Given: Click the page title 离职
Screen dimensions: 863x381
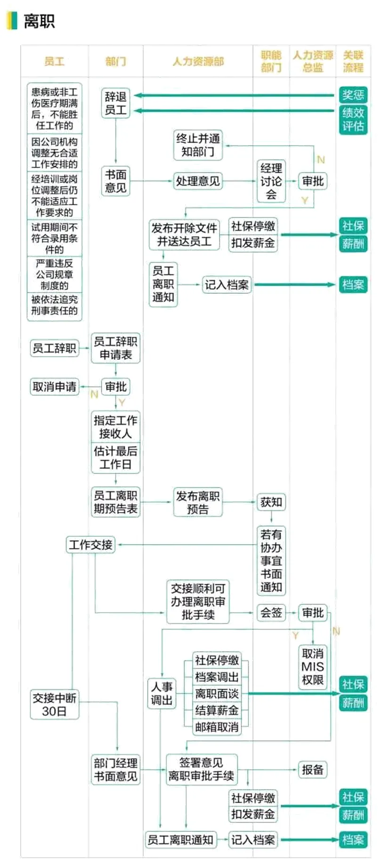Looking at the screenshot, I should pyautogui.click(x=40, y=21).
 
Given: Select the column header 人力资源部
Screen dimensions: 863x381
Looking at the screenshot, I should pyautogui.click(x=198, y=61).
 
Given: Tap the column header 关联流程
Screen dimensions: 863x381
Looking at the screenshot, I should pyautogui.click(x=353, y=61).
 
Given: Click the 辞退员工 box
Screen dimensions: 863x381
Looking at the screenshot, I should pyautogui.click(x=115, y=103).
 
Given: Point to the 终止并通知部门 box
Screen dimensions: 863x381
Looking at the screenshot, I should pyautogui.click(x=198, y=145).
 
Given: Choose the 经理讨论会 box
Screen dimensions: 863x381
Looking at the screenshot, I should pyautogui.click(x=271, y=181).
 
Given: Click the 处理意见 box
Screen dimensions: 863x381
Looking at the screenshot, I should pyautogui.click(x=198, y=181).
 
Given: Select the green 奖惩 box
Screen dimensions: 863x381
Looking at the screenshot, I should pyautogui.click(x=353, y=95).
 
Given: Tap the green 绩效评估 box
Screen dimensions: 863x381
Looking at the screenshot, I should pyautogui.click(x=353, y=119).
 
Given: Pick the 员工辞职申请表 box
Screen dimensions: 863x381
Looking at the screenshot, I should pyautogui.click(x=115, y=348).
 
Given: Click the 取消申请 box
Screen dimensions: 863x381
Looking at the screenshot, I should pyautogui.click(x=54, y=387).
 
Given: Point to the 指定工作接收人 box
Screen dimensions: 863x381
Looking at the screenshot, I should pyautogui.click(x=115, y=427).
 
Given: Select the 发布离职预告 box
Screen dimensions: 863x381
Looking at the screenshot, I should pyautogui.click(x=198, y=502).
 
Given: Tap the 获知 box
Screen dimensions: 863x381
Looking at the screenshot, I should pyautogui.click(x=271, y=502).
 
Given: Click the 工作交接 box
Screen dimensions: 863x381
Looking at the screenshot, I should pyautogui.click(x=90, y=545).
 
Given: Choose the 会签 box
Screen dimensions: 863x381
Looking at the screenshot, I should pyautogui.click(x=271, y=613).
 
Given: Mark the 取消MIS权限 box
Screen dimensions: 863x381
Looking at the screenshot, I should pyautogui.click(x=313, y=667).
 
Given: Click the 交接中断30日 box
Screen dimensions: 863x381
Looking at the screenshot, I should pyautogui.click(x=54, y=704).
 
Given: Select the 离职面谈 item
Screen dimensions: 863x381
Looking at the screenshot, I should pyautogui.click(x=217, y=694).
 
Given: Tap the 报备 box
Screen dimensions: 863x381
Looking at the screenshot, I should pyautogui.click(x=313, y=770).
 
